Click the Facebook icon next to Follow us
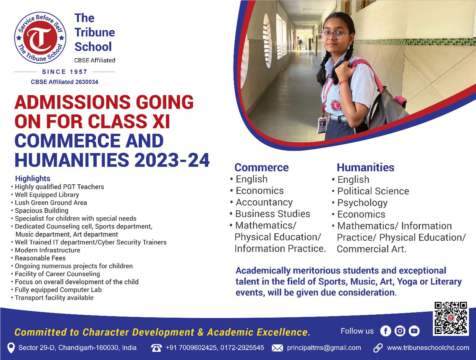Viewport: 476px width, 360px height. (386, 331)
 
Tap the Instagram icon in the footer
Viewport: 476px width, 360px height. (400, 331)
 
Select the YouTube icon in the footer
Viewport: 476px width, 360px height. (414, 331)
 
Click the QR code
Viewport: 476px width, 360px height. (451, 318)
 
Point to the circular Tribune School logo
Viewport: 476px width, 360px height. (40, 38)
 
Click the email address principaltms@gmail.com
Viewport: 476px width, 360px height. (324, 348)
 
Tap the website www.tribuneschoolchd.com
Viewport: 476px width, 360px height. (428, 348)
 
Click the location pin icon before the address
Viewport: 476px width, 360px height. (11, 348)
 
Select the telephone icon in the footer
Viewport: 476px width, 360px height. (156, 348)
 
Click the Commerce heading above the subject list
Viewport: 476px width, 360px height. (261, 168)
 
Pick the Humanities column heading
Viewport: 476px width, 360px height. (366, 168)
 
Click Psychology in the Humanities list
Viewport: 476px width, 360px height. (362, 203)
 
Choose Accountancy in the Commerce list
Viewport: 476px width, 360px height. (264, 202)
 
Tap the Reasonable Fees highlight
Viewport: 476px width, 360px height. (40, 258)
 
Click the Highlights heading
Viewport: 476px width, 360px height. (33, 178)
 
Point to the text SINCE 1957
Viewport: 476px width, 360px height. (65, 72)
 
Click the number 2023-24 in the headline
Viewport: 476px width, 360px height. (172, 160)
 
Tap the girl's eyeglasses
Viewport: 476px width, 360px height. (335, 35)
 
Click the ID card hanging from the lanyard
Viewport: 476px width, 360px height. (322, 125)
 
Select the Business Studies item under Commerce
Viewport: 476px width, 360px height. (273, 214)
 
